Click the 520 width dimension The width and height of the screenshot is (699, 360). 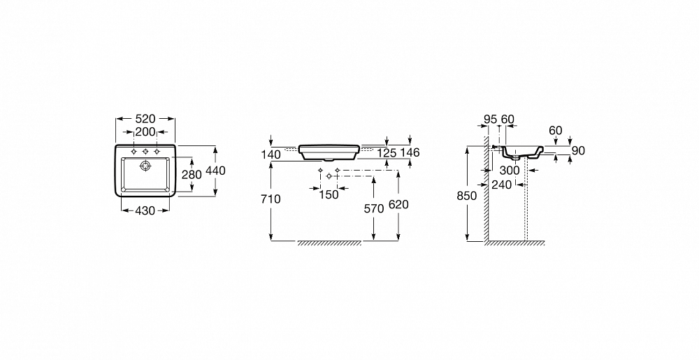point(145,119)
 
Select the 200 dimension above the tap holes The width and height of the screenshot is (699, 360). point(145,132)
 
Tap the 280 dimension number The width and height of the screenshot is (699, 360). point(192,175)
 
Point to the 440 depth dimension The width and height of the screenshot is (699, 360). point(215,171)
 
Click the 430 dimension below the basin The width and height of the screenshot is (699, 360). point(145,210)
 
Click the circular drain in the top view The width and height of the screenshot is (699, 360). point(145,166)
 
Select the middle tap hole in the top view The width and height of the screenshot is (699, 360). point(145,152)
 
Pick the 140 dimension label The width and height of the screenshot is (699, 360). point(271,154)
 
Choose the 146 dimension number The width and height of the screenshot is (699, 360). point(409,152)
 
